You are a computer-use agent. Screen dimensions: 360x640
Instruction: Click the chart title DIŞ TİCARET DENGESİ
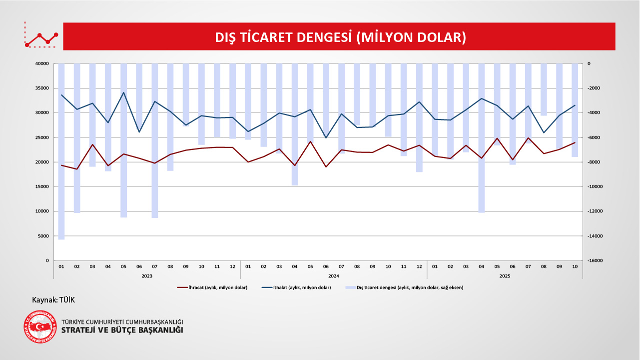tap(340, 37)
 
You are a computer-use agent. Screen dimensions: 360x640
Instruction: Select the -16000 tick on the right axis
tap(596, 260)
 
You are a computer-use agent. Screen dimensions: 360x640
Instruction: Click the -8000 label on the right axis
tap(595, 162)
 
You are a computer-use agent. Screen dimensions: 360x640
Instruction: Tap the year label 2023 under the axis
tap(147, 275)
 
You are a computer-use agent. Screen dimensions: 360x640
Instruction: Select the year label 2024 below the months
tap(334, 275)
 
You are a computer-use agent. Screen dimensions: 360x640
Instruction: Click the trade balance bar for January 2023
tap(61, 150)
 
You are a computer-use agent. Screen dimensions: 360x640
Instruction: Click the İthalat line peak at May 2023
tap(124, 92)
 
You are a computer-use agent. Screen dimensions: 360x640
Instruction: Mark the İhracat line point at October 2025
tap(575, 142)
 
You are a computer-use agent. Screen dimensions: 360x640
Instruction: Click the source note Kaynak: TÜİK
tap(53, 299)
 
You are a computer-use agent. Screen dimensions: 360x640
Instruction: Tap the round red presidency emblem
tap(40, 327)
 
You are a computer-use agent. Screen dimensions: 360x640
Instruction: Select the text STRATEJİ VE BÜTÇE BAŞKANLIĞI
tap(122, 330)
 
